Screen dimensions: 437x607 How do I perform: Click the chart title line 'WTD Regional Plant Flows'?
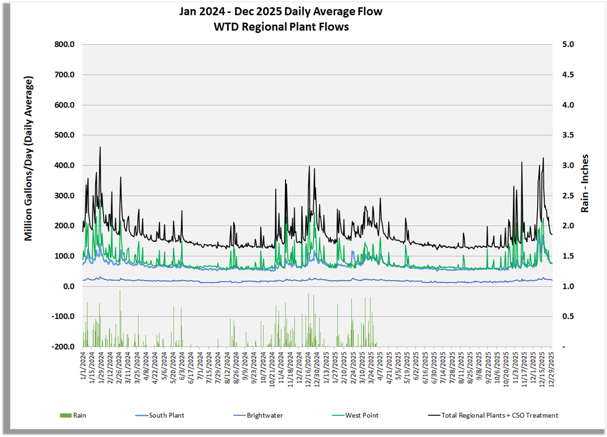point(281,27)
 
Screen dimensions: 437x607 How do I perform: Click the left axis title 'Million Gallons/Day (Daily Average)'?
point(29,159)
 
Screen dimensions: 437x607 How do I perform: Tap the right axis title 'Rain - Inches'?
point(585,184)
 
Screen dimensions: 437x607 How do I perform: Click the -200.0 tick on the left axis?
point(63,347)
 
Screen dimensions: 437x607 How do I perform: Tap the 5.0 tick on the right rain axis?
point(567,45)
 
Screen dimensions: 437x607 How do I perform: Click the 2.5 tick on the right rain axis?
point(567,196)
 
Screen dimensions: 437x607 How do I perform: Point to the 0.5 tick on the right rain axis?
point(567,317)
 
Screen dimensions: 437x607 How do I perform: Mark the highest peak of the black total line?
point(100,147)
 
